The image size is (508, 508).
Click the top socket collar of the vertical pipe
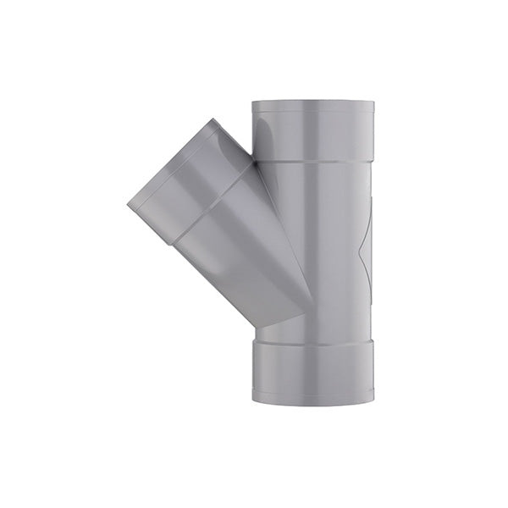312,130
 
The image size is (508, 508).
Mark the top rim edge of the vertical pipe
312,102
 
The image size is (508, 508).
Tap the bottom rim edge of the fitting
312,402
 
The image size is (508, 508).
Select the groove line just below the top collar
312,160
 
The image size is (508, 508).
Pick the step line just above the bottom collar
312,340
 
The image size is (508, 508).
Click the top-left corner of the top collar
252,103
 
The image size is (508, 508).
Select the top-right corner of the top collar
373,103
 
